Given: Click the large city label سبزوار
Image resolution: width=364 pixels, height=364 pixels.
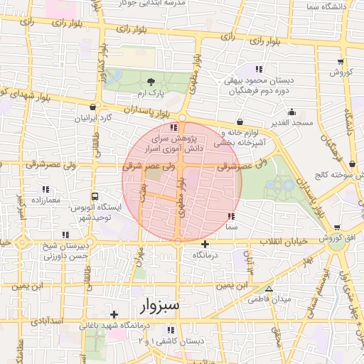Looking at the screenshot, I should coord(157,306).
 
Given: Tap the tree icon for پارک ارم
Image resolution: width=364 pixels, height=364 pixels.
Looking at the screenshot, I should coord(150,82).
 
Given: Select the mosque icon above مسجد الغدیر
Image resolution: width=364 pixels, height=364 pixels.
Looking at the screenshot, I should coord(291,112).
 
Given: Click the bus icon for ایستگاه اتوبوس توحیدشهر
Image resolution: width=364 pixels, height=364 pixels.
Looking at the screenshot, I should coord(95,196).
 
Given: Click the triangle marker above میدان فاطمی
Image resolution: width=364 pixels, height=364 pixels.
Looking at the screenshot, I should coord(269,288).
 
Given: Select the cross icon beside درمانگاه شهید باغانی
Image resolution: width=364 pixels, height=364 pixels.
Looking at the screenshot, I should coord(114,314).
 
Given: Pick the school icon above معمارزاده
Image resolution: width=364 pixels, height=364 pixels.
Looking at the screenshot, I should coord(46,189).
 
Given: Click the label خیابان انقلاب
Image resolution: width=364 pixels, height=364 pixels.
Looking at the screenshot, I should coord(286,240).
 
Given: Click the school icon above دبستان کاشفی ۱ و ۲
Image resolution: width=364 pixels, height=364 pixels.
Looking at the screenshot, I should coord(171,330).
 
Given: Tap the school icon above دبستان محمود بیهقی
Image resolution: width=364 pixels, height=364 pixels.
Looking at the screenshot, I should coord(259,69).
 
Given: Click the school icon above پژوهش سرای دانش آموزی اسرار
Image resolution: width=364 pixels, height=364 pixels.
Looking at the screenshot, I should coord(175,127).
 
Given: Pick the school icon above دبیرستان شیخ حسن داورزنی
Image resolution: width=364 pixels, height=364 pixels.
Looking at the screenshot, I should coord(65,235).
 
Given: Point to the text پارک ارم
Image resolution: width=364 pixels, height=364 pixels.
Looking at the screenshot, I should coord(151,94).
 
